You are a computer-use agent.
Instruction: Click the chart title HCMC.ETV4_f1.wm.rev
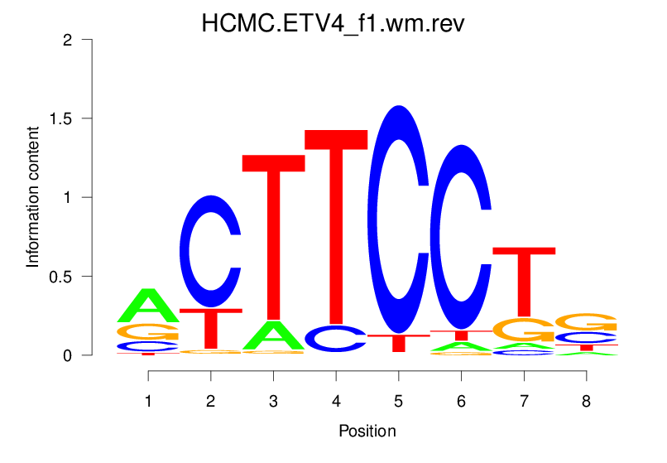click(x=333, y=22)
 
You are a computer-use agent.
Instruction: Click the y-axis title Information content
click(x=33, y=197)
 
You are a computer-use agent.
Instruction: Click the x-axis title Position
click(x=367, y=431)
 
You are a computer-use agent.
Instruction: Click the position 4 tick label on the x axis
click(x=336, y=402)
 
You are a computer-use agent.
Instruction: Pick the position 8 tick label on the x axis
click(x=586, y=402)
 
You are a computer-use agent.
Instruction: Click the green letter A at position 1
click(x=148, y=306)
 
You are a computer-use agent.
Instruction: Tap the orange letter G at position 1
click(x=148, y=331)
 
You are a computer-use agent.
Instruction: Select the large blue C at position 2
click(x=211, y=251)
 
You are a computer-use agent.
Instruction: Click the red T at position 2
click(x=211, y=329)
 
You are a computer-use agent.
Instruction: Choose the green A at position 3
click(x=273, y=335)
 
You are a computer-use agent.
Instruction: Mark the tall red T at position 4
click(x=336, y=224)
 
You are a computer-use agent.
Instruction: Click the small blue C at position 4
click(x=336, y=338)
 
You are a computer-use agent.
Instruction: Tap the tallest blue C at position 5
click(x=399, y=219)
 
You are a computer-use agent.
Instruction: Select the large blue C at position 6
click(x=461, y=236)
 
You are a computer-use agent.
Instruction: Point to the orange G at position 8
click(x=586, y=321)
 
